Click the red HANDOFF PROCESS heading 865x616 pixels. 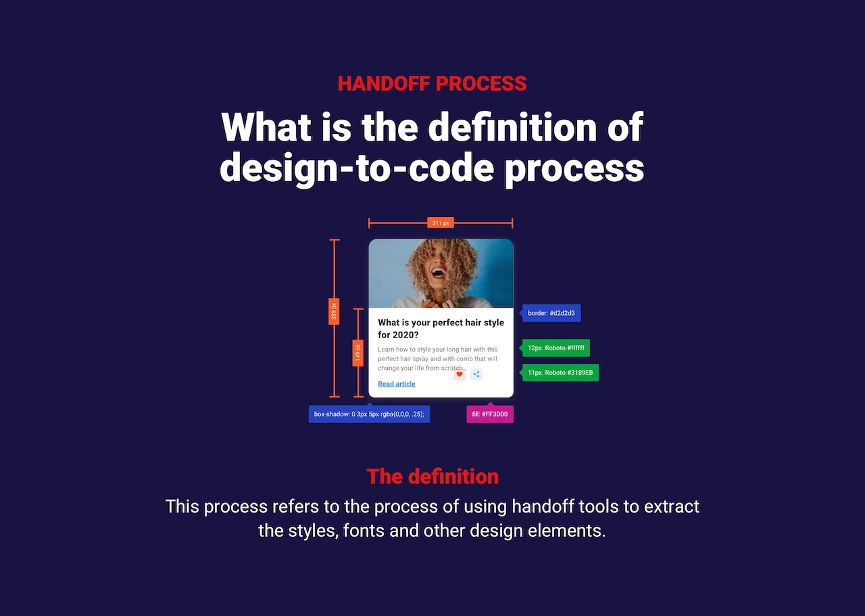pyautogui.click(x=432, y=83)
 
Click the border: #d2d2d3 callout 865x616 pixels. pyautogui.click(x=550, y=313)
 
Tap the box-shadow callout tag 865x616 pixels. pyautogui.click(x=369, y=414)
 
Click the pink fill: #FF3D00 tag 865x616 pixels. pyautogui.click(x=490, y=414)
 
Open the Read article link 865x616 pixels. pyautogui.click(x=397, y=384)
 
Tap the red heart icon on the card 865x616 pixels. pyautogui.click(x=460, y=374)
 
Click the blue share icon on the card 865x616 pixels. pyautogui.click(x=476, y=374)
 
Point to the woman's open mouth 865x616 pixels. pyautogui.click(x=438, y=273)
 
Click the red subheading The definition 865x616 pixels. pyautogui.click(x=432, y=477)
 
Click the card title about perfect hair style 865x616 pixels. pyautogui.click(x=441, y=329)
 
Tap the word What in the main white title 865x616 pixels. pyautogui.click(x=266, y=126)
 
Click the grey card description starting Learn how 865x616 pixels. pyautogui.click(x=438, y=358)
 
